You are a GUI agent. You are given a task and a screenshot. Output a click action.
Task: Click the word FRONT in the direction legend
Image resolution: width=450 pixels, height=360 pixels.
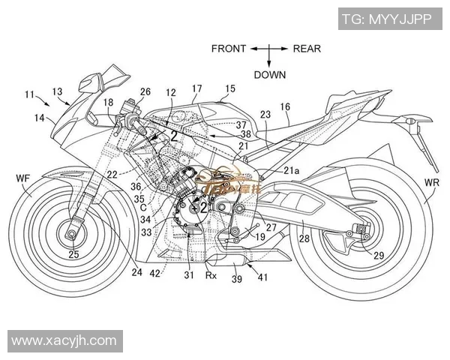pos(228,49)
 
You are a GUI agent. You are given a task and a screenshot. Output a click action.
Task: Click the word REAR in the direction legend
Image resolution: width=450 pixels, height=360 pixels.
pos(307,49)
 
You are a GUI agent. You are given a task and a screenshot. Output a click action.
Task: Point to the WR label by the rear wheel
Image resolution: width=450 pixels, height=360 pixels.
pos(432,183)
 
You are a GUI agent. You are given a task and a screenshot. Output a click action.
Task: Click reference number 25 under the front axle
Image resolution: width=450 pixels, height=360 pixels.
pos(73,255)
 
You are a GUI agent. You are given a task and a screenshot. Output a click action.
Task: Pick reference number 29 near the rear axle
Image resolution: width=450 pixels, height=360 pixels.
pos(379,256)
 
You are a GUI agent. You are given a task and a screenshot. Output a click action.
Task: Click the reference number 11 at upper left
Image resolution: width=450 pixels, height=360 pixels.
pos(29,94)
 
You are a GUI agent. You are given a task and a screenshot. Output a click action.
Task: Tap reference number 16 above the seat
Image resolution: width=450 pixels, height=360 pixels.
pos(285,107)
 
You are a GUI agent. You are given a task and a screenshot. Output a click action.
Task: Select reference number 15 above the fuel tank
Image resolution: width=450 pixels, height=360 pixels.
pos(229,88)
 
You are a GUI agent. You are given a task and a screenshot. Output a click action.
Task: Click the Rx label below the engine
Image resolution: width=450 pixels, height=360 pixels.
pos(212,275)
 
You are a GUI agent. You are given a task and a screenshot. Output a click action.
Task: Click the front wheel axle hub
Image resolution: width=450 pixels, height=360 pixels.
pos(73,235)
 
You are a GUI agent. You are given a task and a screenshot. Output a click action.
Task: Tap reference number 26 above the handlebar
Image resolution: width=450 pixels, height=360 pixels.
pos(145,91)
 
